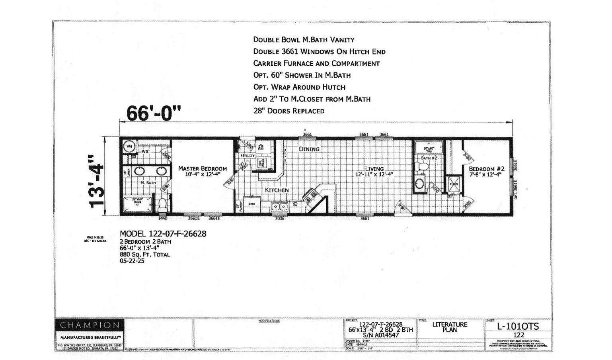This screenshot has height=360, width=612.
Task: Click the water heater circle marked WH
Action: [129, 147]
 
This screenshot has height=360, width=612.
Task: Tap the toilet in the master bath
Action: [162, 205]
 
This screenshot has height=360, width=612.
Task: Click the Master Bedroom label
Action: [202, 168]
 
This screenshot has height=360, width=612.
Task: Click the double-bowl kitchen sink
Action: [280, 206]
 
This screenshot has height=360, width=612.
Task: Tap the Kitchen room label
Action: [277, 190]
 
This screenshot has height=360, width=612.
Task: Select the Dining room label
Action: [309, 149]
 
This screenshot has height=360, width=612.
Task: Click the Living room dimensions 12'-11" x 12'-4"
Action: [374, 174]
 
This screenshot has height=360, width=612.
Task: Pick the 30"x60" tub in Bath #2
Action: [429, 149]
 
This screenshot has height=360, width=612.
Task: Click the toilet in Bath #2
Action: [423, 168]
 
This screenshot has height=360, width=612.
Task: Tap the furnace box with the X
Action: [454, 184]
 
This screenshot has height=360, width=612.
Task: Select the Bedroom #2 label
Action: [486, 169]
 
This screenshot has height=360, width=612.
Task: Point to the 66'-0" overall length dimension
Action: [153, 113]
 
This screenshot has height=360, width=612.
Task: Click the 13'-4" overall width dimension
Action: [97, 181]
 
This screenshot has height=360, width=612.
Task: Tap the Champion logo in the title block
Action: [90, 325]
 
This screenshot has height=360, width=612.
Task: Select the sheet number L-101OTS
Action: [518, 326]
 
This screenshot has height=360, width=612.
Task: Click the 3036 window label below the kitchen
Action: [280, 218]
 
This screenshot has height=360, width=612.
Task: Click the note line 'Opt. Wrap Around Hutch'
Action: [299, 87]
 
